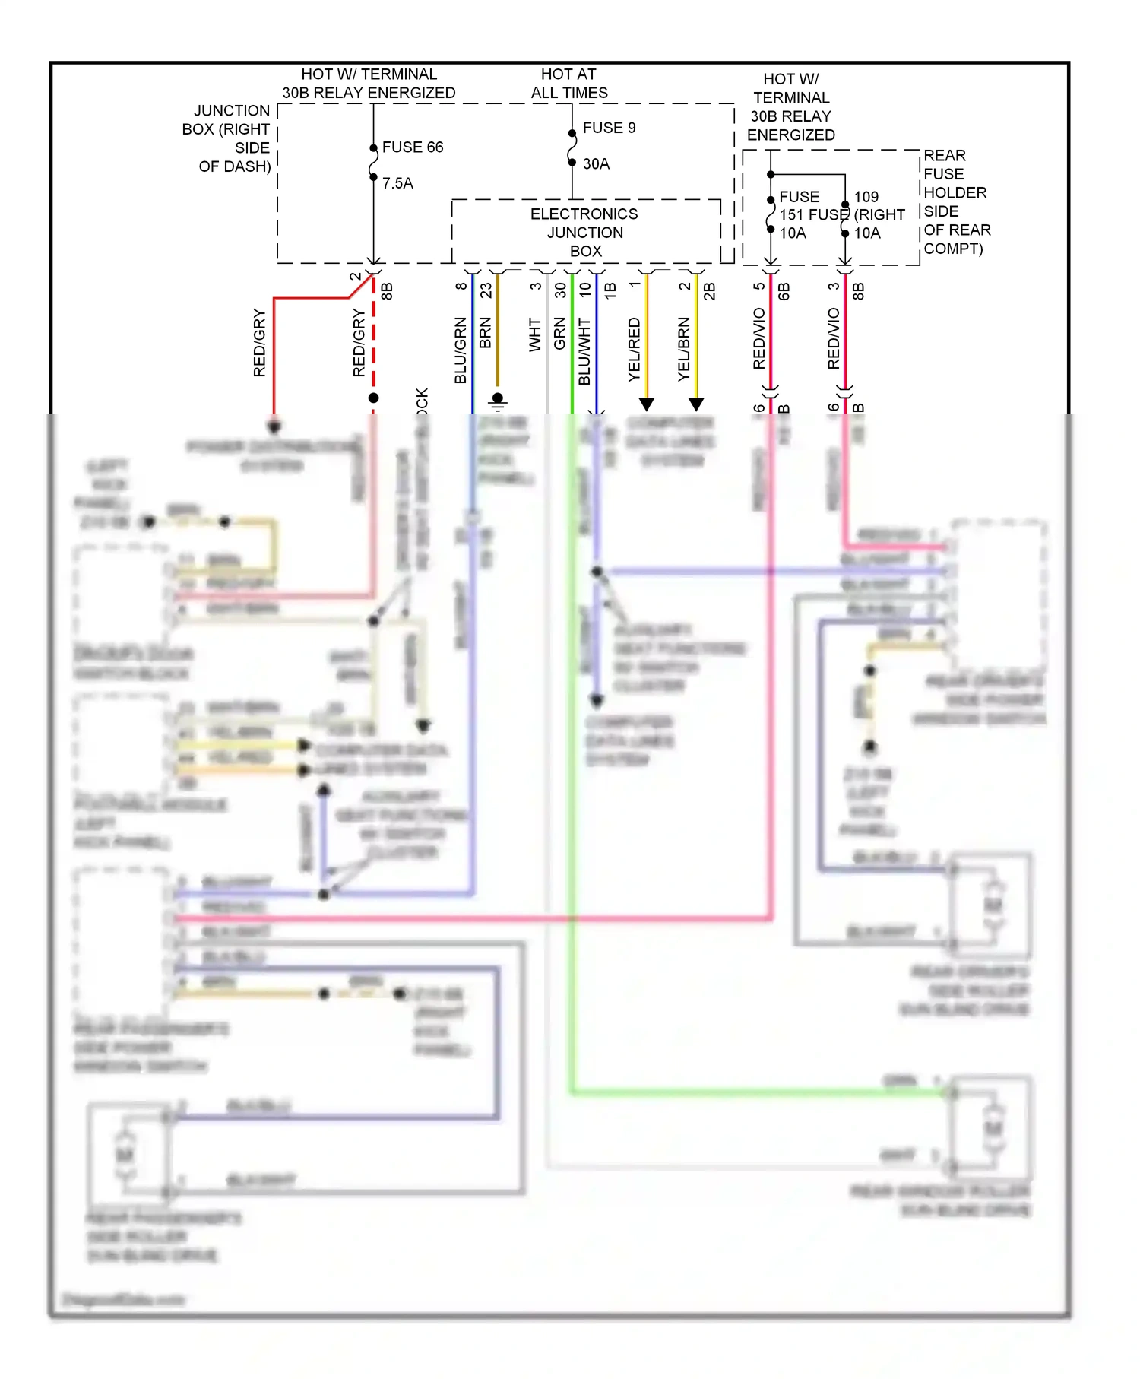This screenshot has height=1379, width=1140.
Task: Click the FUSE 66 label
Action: (412, 147)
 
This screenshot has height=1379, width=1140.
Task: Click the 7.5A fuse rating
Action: (397, 183)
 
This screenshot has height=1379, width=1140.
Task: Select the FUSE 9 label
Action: (609, 128)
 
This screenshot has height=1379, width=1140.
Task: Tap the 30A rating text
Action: (596, 163)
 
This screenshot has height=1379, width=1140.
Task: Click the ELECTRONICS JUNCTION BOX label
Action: (584, 232)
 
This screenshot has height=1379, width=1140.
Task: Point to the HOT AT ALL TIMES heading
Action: (569, 84)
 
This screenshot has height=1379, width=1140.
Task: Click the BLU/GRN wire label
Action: (461, 350)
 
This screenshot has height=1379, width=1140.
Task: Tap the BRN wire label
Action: (486, 333)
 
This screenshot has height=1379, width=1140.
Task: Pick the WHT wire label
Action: (535, 335)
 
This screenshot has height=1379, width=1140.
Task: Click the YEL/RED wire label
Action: (635, 349)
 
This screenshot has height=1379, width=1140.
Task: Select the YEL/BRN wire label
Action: (684, 349)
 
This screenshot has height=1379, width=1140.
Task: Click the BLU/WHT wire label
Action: (584, 351)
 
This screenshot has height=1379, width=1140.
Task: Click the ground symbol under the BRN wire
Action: (498, 401)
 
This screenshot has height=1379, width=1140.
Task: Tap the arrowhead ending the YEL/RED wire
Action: (647, 404)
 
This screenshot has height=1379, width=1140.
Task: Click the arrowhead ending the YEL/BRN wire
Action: (696, 404)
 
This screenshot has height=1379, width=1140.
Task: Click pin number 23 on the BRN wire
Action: (486, 290)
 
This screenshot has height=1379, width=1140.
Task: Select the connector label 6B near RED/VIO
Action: (784, 290)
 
